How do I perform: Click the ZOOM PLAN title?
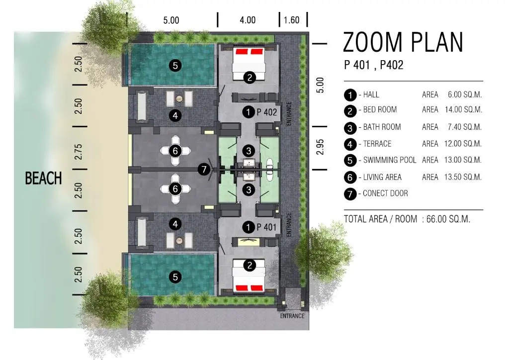pyautogui.click(x=403, y=42)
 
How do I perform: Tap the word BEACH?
pyautogui.click(x=43, y=178)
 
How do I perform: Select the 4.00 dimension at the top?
pyautogui.click(x=248, y=20)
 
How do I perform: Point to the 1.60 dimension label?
pyautogui.click(x=291, y=20)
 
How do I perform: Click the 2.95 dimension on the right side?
pyautogui.click(x=320, y=147)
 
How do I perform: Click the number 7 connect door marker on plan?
pyautogui.click(x=204, y=169)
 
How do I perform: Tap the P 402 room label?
pyautogui.click(x=267, y=112)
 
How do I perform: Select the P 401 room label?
pyautogui.click(x=266, y=227)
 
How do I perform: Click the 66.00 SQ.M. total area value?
pyautogui.click(x=448, y=219)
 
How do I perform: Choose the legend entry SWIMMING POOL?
pyautogui.click(x=390, y=160)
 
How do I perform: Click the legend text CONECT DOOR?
pyautogui.click(x=385, y=193)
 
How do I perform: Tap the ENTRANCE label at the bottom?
pyautogui.click(x=292, y=316)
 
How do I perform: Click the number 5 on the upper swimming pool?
pyautogui.click(x=175, y=66)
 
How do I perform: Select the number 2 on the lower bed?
pyautogui.click(x=250, y=266)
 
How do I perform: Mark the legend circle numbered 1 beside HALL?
pyautogui.click(x=350, y=95)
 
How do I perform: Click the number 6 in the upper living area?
pyautogui.click(x=175, y=151)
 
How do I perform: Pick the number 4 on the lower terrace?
pyautogui.click(x=175, y=224)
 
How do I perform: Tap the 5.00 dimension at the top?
pyautogui.click(x=171, y=20)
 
